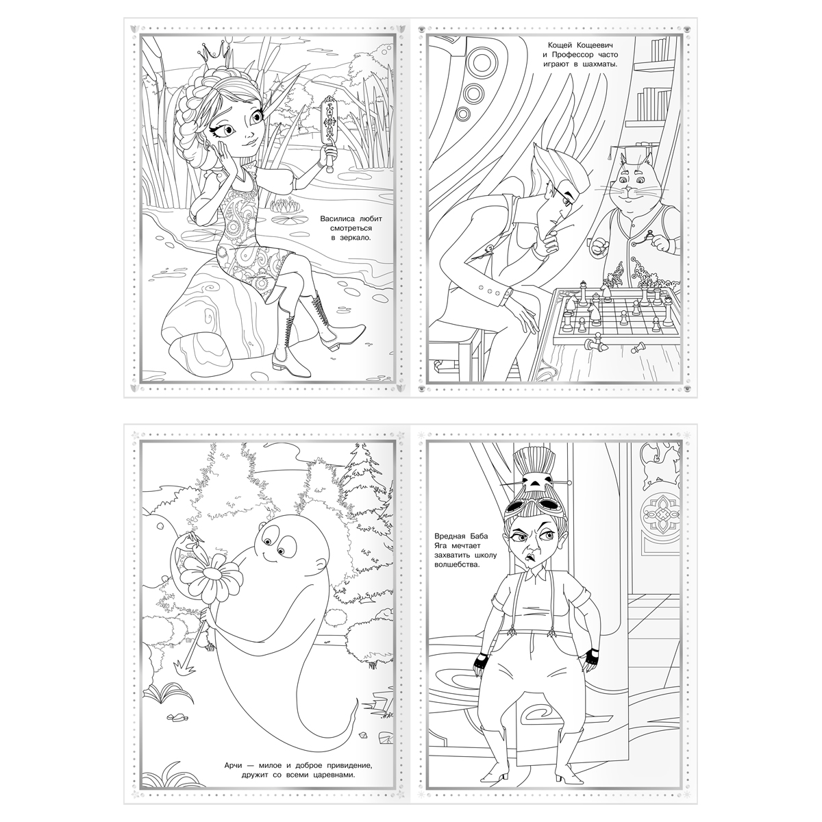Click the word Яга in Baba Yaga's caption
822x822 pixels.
coord(440,546)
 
